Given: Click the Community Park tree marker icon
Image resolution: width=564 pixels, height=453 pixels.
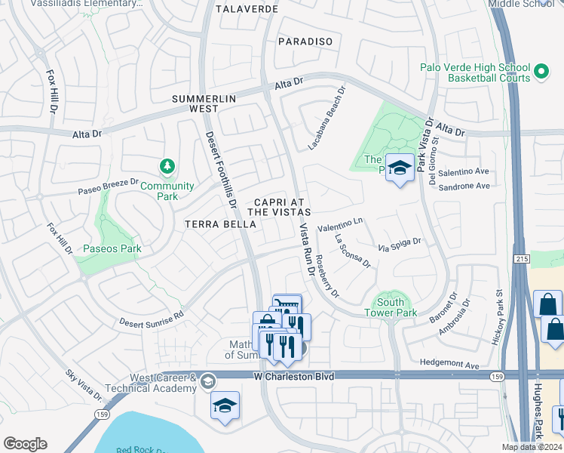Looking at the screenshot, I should tap(167, 165).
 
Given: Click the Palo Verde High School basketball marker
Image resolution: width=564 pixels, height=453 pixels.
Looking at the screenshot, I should tap(541, 72).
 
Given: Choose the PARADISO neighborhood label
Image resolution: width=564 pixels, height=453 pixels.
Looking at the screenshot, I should tap(305, 42).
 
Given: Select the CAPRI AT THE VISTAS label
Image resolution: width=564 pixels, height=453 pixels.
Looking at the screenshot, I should tap(280, 208).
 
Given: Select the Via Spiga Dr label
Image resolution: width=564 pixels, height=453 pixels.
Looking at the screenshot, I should tap(399, 245).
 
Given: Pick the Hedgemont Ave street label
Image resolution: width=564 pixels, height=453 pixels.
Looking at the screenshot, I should tap(451, 365).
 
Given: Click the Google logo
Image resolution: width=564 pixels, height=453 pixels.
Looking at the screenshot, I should tap(25, 444).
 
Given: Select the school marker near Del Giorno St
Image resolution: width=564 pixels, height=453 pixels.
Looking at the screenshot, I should tap(399, 168).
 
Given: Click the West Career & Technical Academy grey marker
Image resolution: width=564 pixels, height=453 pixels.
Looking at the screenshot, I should tap(207, 381).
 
